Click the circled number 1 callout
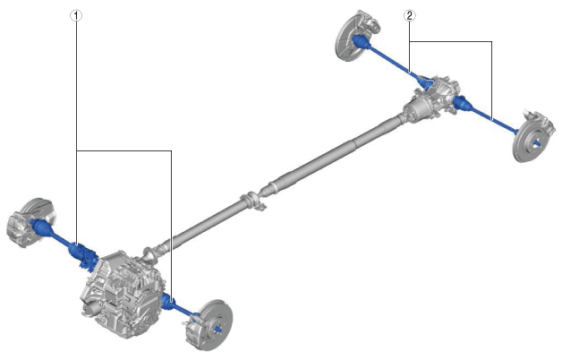click(76, 15)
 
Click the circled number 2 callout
click(409, 15)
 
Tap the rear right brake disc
click(530, 139)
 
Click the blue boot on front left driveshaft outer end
click(42, 228)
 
